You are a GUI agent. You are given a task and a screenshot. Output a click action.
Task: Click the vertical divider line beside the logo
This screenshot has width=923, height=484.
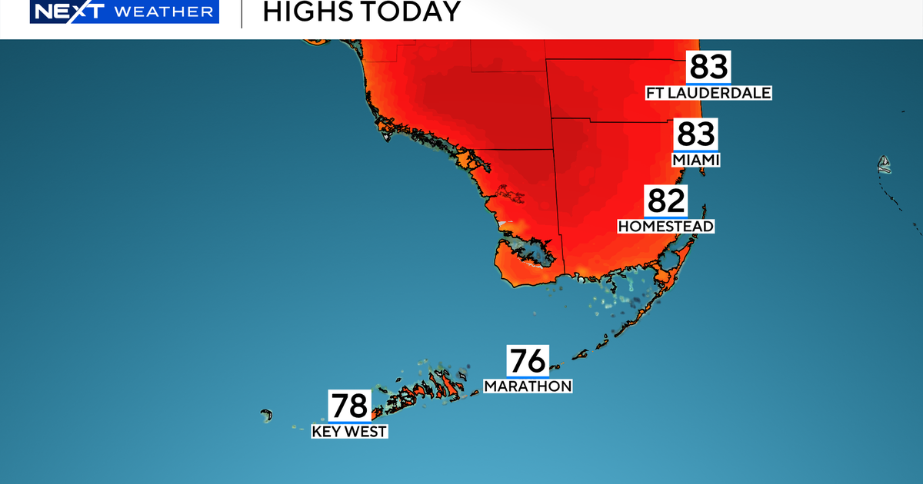click(242, 13)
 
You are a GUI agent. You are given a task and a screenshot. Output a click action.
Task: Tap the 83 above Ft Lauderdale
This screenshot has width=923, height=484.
click(708, 68)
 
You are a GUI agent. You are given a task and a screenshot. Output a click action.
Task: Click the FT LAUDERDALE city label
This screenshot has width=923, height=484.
click(708, 93)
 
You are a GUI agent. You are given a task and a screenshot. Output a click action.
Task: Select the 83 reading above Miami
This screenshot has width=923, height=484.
click(695, 134)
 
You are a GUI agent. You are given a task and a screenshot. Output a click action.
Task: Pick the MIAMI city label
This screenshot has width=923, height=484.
click(695, 160)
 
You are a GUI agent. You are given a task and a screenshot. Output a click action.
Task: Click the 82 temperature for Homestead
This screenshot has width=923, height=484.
click(665, 201)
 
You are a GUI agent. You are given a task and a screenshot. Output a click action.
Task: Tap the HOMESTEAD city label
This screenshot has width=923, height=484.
click(665, 226)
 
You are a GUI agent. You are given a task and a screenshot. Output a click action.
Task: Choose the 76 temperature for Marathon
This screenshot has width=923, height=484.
click(527, 361)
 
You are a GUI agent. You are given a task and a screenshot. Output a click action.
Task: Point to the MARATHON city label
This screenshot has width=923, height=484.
click(528, 386)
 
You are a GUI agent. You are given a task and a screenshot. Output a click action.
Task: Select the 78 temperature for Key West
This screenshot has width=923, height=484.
click(349, 406)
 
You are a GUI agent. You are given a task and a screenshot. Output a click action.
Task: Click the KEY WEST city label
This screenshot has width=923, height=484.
click(349, 431)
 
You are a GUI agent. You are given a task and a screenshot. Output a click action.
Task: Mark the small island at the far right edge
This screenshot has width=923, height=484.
click(885, 164)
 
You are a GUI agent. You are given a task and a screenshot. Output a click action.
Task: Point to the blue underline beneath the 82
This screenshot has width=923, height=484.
click(665, 217)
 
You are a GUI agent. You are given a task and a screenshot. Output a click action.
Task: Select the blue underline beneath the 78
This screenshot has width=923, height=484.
click(349, 422)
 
